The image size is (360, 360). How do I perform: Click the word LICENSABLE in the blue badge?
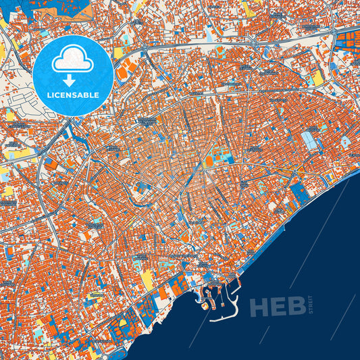tap(73, 95)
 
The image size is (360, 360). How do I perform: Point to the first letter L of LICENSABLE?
tap(49, 95)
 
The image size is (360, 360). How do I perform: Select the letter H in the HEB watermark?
tap(260, 307)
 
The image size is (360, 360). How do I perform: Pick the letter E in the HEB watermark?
tap(279, 307)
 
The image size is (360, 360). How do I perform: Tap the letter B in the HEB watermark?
tap(297, 307)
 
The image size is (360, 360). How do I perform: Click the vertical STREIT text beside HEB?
tap(311, 305)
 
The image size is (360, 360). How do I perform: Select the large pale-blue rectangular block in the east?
tap(309, 141)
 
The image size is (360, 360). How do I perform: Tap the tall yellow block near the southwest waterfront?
tap(147, 279)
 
